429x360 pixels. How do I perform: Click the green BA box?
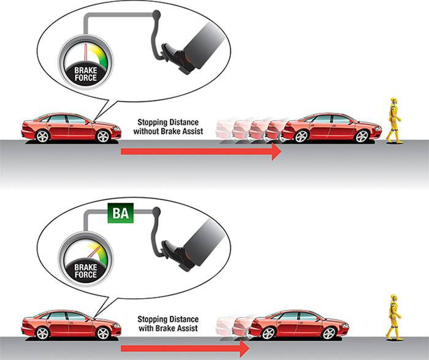[120, 212]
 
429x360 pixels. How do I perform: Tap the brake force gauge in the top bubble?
[85, 62]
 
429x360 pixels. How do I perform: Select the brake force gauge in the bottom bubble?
[85, 259]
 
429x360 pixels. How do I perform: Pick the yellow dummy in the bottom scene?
[394, 317]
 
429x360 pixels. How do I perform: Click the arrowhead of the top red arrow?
[276, 151]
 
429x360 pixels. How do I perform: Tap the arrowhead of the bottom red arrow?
[245, 348]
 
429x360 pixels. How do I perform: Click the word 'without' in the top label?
[146, 131]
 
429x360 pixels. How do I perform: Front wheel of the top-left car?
[103, 136]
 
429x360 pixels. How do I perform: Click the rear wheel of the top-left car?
[42, 136]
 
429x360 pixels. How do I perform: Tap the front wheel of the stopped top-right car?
[362, 136]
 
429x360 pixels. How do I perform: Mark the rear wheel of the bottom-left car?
[42, 333]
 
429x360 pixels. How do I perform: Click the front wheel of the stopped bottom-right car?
[329, 333]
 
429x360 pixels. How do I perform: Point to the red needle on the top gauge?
[86, 51]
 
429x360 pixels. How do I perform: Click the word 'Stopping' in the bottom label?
[153, 320]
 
